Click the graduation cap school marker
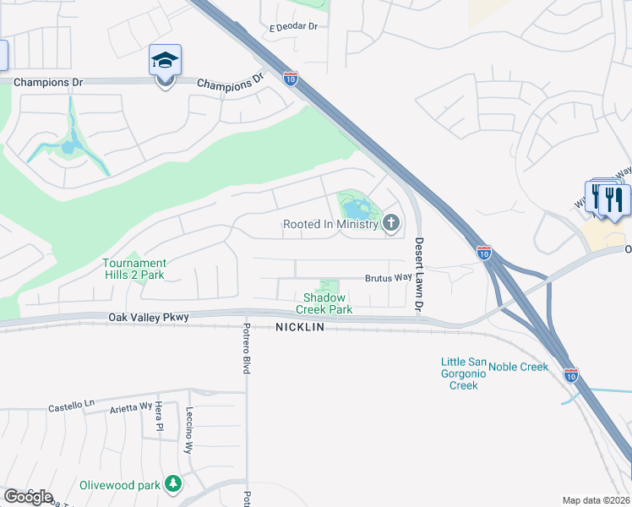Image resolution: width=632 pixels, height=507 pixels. [165, 61]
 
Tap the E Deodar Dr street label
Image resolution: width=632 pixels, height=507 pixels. [293, 27]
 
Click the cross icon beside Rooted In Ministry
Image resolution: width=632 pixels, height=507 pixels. [390, 224]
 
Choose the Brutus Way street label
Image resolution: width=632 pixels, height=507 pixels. [387, 278]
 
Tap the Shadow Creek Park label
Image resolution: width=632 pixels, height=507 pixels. [324, 303]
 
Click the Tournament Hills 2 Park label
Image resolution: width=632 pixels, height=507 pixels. [134, 269]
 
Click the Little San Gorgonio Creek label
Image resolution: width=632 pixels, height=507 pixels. [463, 373]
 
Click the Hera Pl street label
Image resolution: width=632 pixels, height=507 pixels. [158, 418]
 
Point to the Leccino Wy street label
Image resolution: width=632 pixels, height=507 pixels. [189, 431]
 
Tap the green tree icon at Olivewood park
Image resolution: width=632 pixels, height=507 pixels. [173, 484]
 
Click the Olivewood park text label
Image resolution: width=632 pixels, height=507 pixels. [120, 485]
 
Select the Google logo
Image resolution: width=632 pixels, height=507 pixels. [28, 497]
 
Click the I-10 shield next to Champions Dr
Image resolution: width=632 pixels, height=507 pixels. [290, 79]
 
